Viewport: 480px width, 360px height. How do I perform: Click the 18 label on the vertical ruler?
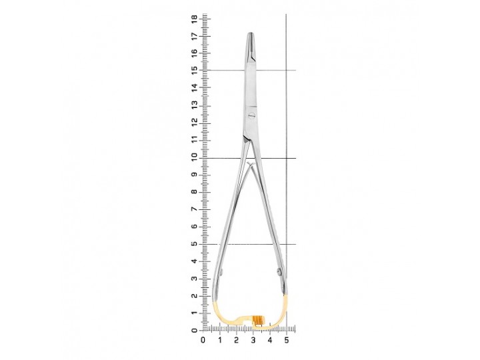(194, 19)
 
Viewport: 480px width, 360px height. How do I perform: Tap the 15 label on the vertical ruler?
(194, 70)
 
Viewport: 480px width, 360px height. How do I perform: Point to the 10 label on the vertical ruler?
(194, 157)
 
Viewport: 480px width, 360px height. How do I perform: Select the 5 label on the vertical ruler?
(194, 244)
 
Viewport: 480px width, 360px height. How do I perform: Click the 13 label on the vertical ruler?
(194, 106)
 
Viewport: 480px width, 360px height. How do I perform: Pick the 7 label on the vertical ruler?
(194, 209)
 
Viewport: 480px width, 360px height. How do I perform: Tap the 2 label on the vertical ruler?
(194, 296)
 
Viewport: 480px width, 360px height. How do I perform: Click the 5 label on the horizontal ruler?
(287, 340)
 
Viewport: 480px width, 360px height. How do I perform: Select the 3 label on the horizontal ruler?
(253, 340)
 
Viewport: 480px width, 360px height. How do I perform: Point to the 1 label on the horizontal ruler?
(220, 340)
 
